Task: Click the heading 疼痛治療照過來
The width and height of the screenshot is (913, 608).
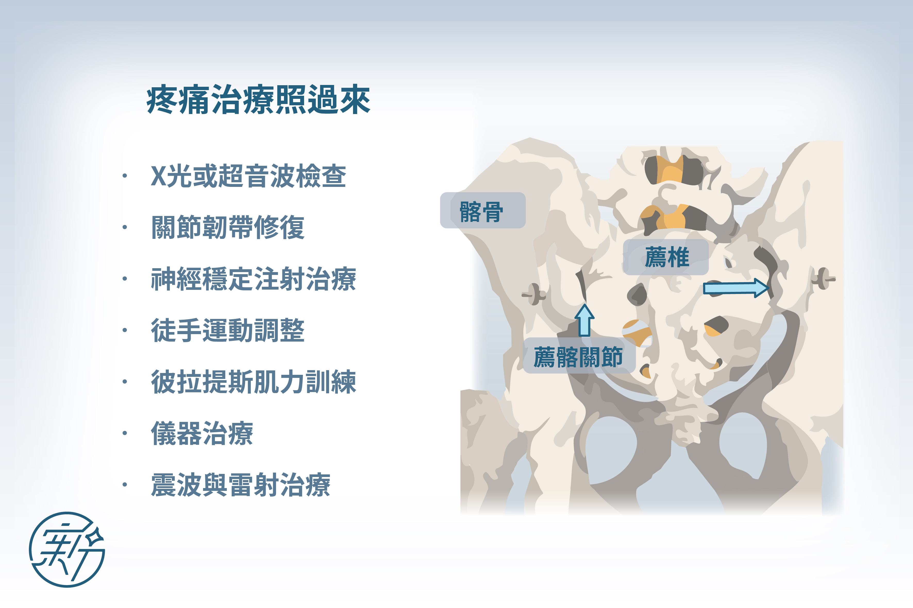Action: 258,100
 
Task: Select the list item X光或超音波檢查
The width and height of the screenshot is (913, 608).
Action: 248,176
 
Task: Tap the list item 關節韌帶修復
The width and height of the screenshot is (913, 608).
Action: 228,227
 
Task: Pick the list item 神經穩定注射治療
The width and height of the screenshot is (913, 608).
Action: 254,279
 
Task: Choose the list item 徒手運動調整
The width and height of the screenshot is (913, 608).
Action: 228,330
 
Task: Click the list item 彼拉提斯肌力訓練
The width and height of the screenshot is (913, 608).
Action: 254,382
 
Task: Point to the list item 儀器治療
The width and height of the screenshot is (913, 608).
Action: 202,433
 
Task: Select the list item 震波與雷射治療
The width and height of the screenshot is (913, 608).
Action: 241,485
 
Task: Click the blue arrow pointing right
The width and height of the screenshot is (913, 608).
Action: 736,288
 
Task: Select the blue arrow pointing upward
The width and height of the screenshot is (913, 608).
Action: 584,320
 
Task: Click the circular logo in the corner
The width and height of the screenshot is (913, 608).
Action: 67,550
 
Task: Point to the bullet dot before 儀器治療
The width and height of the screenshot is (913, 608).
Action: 125,433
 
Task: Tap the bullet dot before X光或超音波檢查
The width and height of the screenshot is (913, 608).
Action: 125,176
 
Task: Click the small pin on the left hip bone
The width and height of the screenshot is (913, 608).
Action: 534,294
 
